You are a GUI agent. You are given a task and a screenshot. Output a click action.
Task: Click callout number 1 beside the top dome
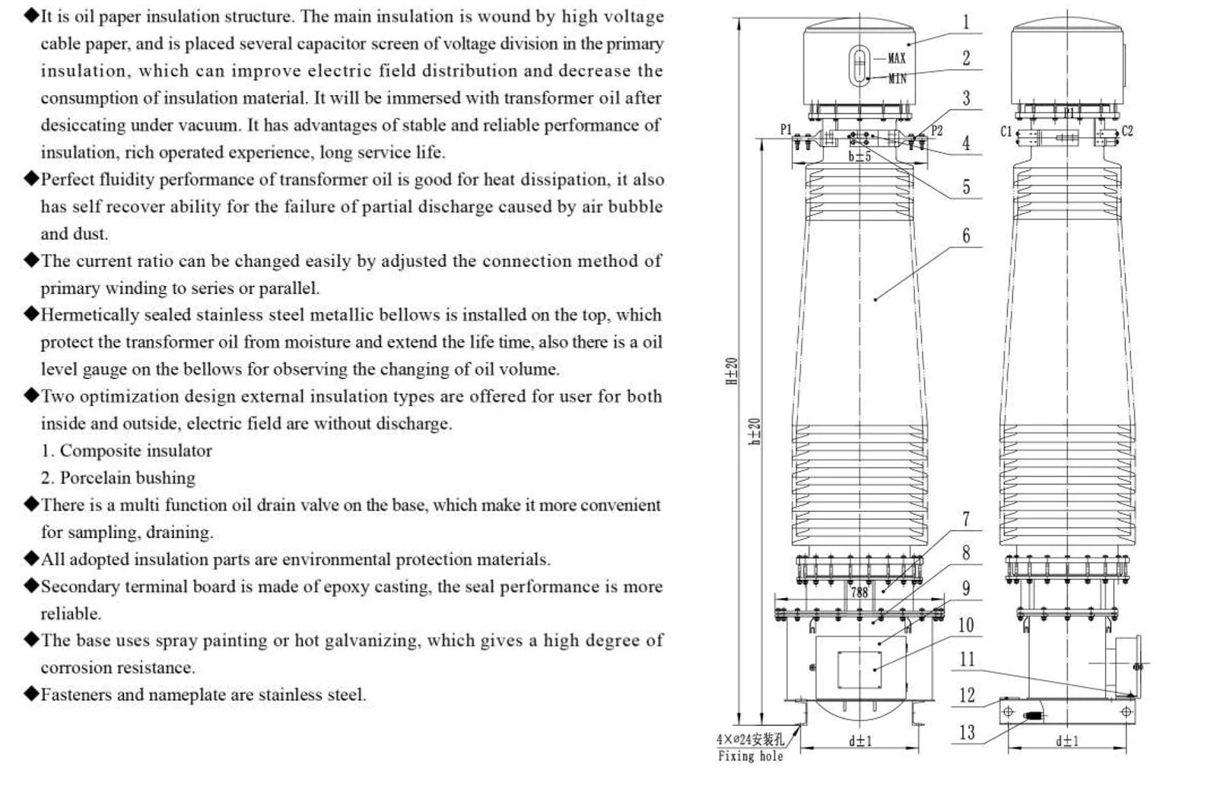tap(966, 22)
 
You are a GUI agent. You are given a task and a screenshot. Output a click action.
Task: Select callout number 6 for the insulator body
tap(966, 235)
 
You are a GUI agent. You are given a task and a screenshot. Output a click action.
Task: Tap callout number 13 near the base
tap(967, 733)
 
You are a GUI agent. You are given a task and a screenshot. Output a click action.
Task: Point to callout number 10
tap(966, 625)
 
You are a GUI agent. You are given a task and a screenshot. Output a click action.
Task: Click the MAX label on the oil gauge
tap(897, 58)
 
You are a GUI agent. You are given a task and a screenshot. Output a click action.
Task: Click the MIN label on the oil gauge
tap(897, 79)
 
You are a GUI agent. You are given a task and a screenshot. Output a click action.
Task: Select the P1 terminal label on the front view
tap(786, 129)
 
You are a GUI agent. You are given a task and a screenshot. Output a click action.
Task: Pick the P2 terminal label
tap(936, 130)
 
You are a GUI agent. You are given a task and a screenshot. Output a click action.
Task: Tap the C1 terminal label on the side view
tap(1006, 132)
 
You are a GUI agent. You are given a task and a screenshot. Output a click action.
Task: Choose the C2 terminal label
tap(1127, 131)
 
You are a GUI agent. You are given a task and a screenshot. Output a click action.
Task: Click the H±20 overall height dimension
tap(732, 371)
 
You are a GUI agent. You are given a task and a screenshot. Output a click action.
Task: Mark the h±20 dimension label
tap(754, 432)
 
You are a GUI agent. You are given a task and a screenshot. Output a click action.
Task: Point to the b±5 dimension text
tap(860, 157)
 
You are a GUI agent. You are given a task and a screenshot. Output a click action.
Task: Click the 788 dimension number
tap(860, 593)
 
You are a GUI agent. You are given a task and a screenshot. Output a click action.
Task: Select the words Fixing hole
tap(750, 756)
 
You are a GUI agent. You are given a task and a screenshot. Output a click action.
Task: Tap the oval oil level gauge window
tap(859, 65)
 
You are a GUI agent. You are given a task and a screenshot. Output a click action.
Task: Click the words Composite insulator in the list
tap(136, 450)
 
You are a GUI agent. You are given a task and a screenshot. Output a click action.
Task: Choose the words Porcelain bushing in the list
tap(127, 478)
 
